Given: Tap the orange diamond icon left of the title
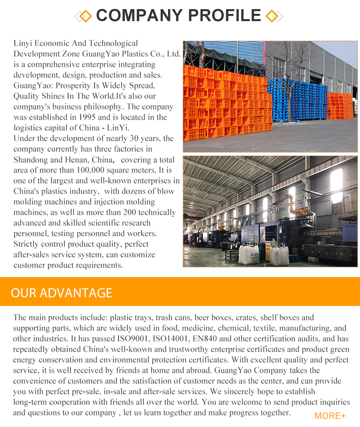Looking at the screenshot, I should coord(85,16).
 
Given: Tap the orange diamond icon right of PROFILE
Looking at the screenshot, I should coord(272,16).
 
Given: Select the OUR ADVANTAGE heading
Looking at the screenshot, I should coord(61,293).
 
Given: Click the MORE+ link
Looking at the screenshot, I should coord(330,416).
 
